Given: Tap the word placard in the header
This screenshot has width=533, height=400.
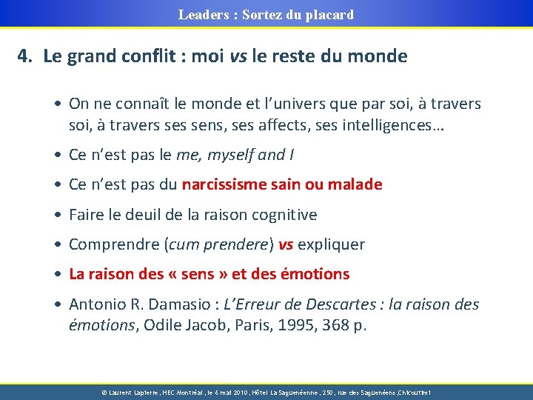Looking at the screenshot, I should [x=329, y=14].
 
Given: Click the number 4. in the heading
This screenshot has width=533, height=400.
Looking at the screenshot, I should [x=26, y=56].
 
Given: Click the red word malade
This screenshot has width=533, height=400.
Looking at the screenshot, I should [x=354, y=184].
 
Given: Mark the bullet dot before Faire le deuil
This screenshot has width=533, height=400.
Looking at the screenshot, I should [x=58, y=215].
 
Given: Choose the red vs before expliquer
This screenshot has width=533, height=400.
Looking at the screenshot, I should [x=286, y=244].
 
